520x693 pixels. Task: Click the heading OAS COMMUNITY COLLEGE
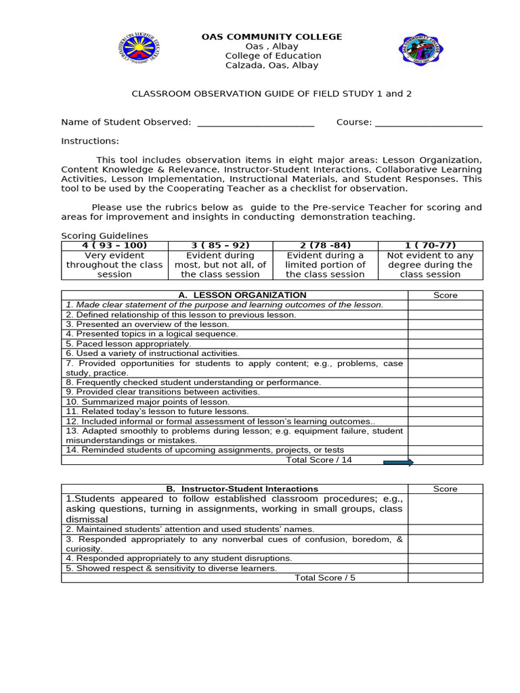[x=272, y=37]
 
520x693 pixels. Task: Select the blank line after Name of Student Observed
[x=255, y=122]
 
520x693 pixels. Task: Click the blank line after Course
[x=429, y=122]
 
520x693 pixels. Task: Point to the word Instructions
[x=90, y=141]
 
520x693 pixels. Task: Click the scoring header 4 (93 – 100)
[x=114, y=245]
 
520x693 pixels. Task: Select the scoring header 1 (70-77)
[x=430, y=245]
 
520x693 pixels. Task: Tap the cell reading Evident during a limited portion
[x=325, y=265]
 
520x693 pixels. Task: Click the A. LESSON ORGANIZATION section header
[x=234, y=295]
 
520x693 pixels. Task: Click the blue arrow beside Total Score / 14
[x=398, y=462]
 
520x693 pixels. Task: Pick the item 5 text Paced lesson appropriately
[x=129, y=344]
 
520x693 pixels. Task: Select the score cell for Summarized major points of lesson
[x=445, y=401]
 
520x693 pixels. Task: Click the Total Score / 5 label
[x=324, y=577]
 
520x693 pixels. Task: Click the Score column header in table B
[x=445, y=489]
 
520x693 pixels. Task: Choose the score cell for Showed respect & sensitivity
[x=445, y=568]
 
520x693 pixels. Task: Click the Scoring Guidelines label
[x=104, y=236]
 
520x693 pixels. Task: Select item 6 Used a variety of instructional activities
[x=152, y=353]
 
